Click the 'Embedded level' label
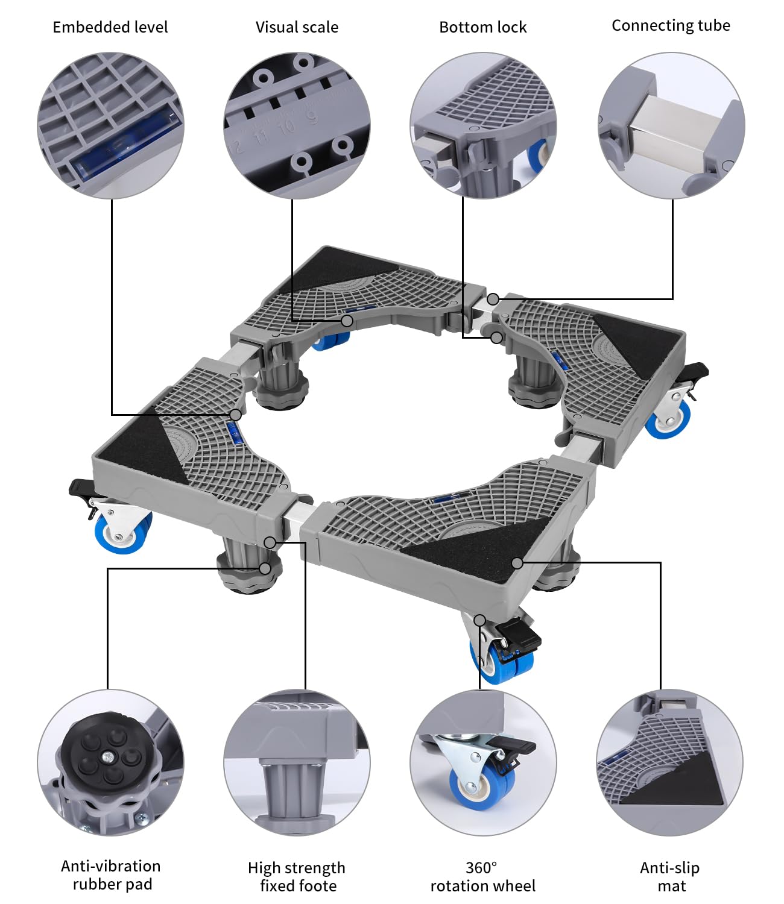[x=110, y=27]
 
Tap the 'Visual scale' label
[x=297, y=27]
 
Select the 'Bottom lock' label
[x=483, y=27]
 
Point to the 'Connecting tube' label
[x=671, y=26]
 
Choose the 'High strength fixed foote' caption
[x=297, y=876]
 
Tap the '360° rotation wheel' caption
[x=483, y=876]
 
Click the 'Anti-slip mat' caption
[x=670, y=876]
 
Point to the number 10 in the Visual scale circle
[x=286, y=127]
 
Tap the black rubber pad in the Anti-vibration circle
[x=108, y=753]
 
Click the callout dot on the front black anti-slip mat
[x=517, y=563]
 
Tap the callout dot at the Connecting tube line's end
[x=493, y=299]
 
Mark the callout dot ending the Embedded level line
[x=236, y=414]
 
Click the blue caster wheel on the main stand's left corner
[x=122, y=533]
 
